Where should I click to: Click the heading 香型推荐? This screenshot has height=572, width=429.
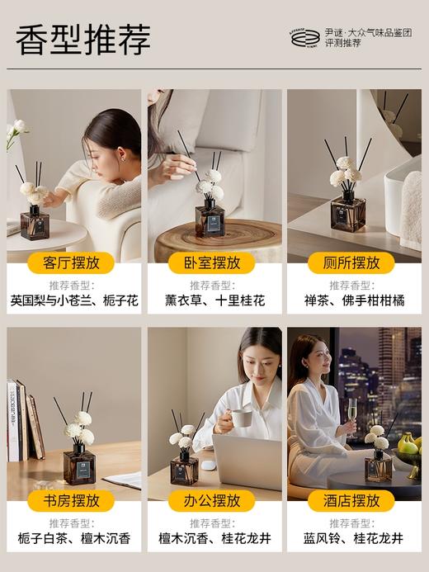(82, 39)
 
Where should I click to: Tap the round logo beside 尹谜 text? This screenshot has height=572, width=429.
(304, 37)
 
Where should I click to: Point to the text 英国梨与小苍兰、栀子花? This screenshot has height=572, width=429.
(74, 300)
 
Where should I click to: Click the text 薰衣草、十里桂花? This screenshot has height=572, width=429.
(214, 300)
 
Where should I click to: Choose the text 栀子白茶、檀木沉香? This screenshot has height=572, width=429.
(74, 538)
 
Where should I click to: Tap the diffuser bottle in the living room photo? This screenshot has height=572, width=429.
(35, 223)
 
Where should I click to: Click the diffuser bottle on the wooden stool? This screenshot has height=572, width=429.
(210, 219)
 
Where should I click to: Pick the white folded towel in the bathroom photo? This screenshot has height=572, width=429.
(410, 210)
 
